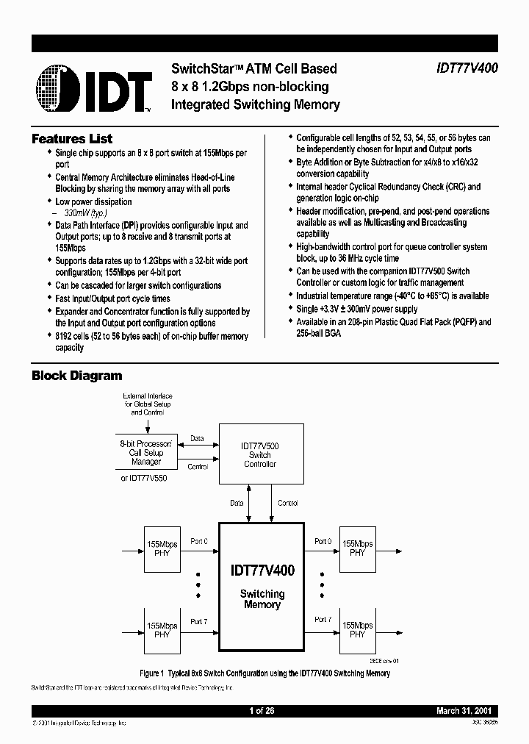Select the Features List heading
click(x=72, y=139)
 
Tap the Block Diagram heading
click(x=76, y=376)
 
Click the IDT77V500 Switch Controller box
click(x=260, y=455)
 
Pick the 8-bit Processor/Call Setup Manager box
click(x=146, y=453)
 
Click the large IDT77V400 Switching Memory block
click(x=262, y=585)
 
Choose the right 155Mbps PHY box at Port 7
click(x=357, y=629)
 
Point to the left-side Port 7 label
click(x=198, y=622)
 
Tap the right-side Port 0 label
click(x=322, y=542)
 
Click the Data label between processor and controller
click(x=198, y=439)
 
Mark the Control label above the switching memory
click(x=287, y=504)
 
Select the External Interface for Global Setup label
click(x=147, y=404)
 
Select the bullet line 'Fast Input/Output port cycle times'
click(x=112, y=298)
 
